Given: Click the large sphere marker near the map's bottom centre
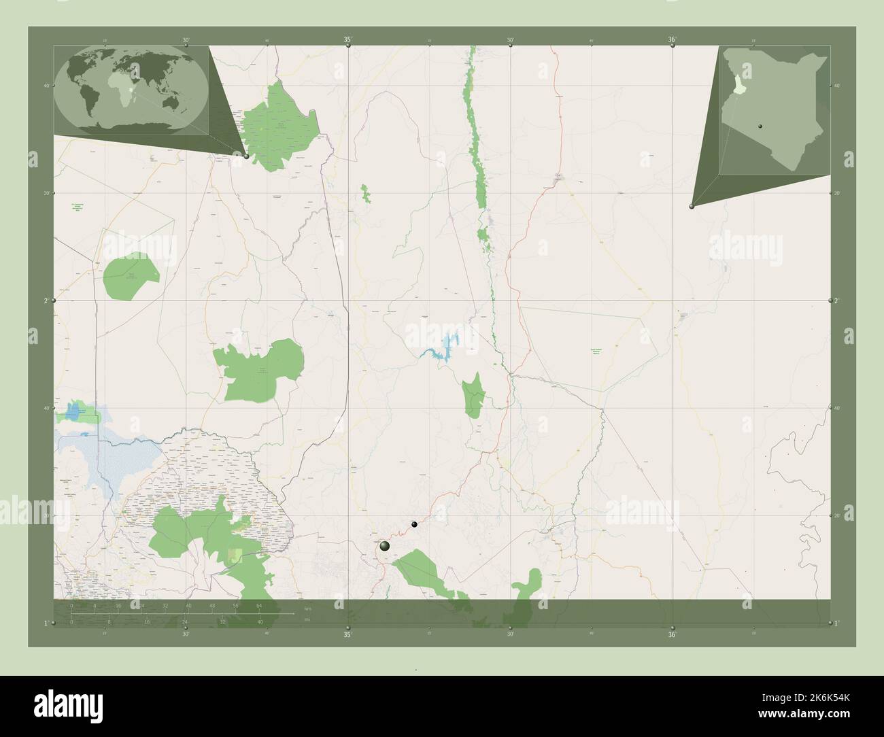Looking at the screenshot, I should [x=385, y=546].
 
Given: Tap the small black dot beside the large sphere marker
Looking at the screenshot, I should [x=413, y=524].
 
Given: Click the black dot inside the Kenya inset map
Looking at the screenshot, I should [x=761, y=126].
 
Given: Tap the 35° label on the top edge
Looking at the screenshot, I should [x=347, y=39].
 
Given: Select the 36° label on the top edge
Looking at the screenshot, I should [x=672, y=39].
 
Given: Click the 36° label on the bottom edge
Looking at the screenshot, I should [x=672, y=635].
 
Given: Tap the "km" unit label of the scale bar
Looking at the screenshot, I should [x=307, y=608].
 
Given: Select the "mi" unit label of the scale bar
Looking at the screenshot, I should [x=307, y=619].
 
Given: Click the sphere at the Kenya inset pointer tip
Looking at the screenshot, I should [x=692, y=205].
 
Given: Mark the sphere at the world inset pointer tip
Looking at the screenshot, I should [x=245, y=156].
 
